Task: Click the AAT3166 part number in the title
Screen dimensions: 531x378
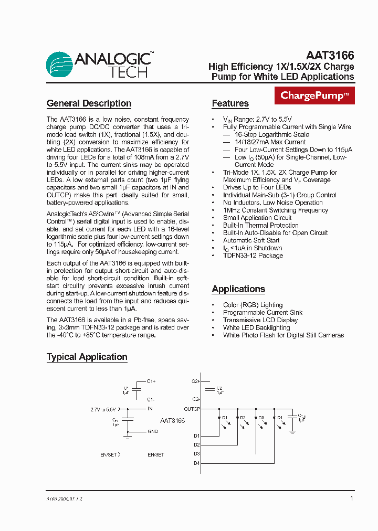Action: point(330,55)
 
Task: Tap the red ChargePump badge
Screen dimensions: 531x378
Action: point(314,95)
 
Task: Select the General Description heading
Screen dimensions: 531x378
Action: point(89,103)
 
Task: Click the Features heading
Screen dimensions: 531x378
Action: point(230,103)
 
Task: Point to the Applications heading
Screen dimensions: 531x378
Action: point(238,289)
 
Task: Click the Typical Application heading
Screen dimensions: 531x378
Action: point(87,357)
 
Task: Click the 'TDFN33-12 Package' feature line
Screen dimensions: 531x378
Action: point(253,256)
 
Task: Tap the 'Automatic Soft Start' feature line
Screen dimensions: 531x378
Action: point(251,240)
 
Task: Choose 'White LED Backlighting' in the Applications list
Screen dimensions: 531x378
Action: point(256,327)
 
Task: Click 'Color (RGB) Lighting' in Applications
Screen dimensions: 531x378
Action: point(253,305)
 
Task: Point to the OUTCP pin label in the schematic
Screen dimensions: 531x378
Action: point(192,409)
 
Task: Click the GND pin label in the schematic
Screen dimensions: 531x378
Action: point(152,431)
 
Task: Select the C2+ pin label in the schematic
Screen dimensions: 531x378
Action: point(195,381)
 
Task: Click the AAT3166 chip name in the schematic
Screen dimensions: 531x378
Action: point(172,421)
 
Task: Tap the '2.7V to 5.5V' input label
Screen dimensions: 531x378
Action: point(103,409)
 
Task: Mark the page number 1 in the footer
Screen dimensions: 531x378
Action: point(351,498)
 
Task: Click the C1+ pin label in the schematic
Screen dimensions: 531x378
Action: point(151,381)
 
